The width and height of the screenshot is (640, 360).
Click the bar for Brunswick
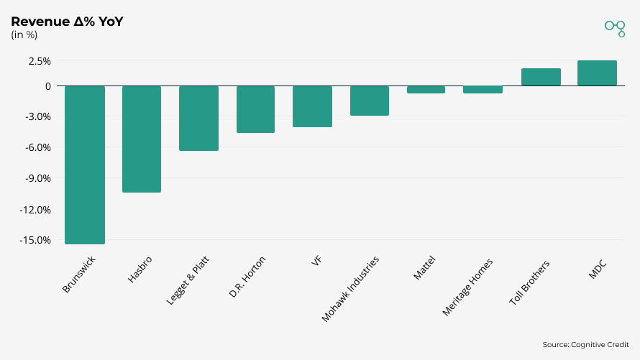85,165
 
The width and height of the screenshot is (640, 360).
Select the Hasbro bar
142,139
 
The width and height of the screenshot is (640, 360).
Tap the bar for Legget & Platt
198,118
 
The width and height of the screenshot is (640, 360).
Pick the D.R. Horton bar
255,109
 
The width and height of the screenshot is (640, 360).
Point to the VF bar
312,106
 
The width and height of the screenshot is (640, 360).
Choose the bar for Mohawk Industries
369,101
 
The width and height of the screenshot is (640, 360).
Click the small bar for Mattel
426,90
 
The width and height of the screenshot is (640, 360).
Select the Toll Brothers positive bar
540,77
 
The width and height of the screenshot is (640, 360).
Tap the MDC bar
597,73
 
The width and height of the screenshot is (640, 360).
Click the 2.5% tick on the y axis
40,61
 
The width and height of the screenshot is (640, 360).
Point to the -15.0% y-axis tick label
36,240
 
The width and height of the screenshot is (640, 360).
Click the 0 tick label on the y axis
47,86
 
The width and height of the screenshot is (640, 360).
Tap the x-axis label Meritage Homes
468,287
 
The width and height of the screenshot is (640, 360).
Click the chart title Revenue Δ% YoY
67,22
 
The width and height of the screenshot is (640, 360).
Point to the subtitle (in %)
24,35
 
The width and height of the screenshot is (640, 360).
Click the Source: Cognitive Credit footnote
585,345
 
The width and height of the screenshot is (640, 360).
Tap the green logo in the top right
615,28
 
